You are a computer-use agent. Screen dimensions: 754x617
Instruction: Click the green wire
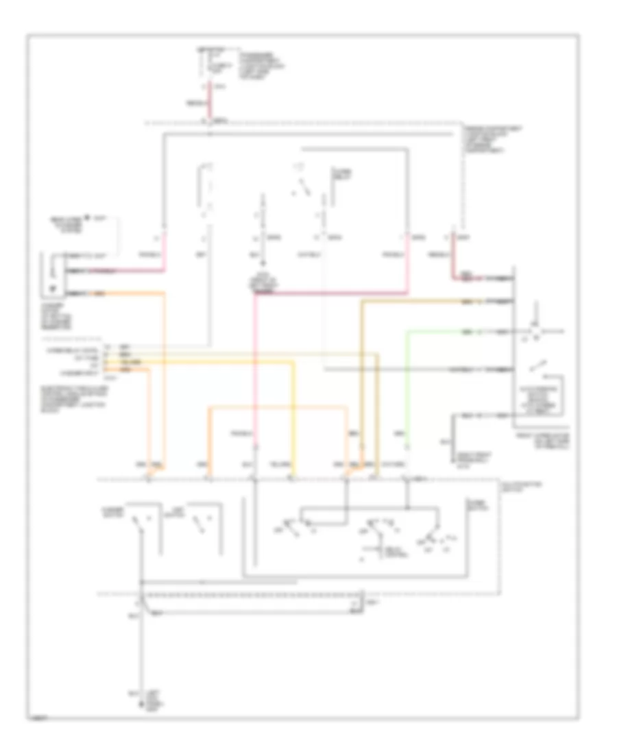coord(407,384)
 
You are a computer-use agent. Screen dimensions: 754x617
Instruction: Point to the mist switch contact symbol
coord(199,523)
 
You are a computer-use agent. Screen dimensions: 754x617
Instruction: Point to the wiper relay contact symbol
coord(302,186)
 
